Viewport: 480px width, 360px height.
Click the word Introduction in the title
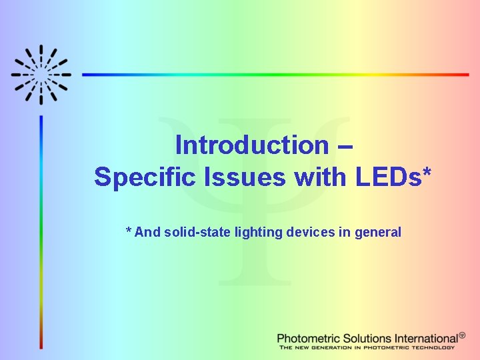coord(251,145)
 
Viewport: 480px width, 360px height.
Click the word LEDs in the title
coord(387,177)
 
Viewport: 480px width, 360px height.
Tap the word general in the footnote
coord(378,233)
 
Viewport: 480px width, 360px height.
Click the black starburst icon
coord(41,75)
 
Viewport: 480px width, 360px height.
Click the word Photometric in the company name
coord(309,339)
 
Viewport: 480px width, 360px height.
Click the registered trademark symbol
coord(462,335)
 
